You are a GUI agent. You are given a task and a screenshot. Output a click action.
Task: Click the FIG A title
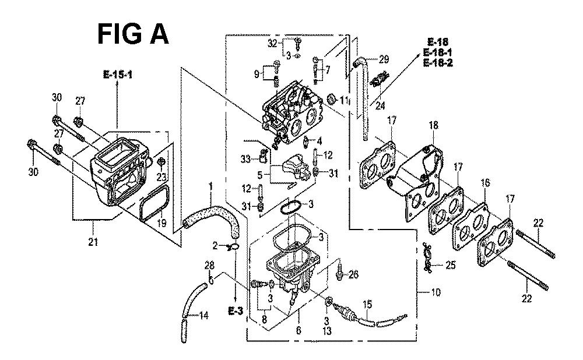tap(133, 34)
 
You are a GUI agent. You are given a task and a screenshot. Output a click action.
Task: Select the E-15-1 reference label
tap(118, 75)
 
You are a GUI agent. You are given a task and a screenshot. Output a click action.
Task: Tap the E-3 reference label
tap(236, 310)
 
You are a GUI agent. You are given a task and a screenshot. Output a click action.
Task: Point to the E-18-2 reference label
tap(438, 62)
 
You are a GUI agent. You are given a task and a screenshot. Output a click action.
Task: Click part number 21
tap(93, 242)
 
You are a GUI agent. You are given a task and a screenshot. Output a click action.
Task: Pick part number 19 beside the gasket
tap(161, 224)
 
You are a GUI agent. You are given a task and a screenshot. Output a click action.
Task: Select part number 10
tap(436, 292)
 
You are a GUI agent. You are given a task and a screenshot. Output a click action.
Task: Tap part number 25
tap(450, 266)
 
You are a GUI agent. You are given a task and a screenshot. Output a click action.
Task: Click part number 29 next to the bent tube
tap(384, 59)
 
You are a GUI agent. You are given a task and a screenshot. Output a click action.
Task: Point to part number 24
tap(380, 106)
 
